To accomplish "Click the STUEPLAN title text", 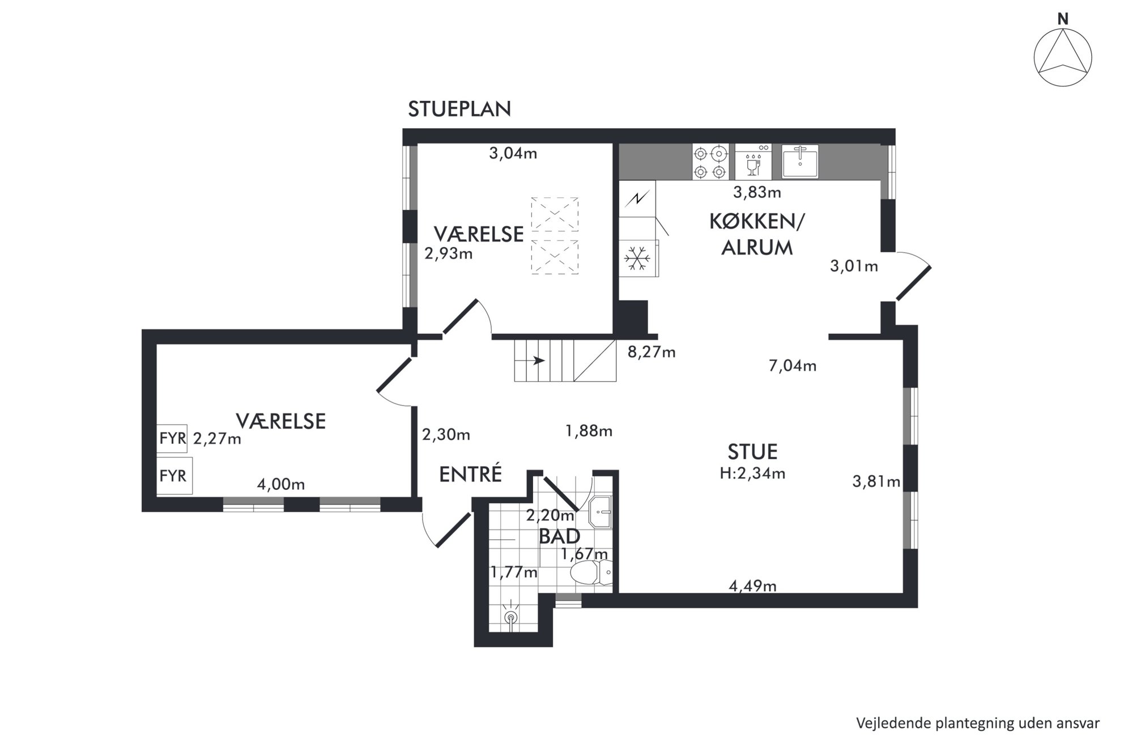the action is [459, 109].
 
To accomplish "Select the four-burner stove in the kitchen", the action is [710, 162].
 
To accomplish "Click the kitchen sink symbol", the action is [800, 162].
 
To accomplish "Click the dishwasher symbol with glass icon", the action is [753, 162].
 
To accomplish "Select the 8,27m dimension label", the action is [652, 352].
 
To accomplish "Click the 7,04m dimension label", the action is [793, 366].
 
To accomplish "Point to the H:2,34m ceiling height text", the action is [752, 473].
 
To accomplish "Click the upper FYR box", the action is [172, 439].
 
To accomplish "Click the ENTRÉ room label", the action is [471, 474].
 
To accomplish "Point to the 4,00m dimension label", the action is [281, 485].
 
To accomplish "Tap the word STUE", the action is [752, 452].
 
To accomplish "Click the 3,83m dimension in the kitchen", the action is [757, 193].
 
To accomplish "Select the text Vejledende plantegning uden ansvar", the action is [978, 723].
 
